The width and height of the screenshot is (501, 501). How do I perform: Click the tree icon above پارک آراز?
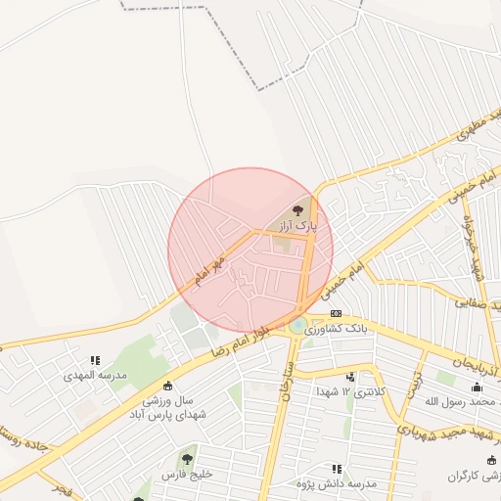(298, 209)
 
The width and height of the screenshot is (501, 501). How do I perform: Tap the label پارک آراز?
(297, 226)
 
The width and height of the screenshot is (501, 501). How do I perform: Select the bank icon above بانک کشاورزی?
(338, 313)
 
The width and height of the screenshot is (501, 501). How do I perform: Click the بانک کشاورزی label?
(338, 330)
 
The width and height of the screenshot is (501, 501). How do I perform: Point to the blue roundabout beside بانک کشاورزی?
(297, 325)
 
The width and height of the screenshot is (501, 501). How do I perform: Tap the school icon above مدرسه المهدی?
(95, 360)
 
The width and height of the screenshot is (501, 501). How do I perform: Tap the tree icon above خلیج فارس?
(186, 457)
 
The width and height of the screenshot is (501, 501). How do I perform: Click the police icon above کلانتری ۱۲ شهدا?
(349, 377)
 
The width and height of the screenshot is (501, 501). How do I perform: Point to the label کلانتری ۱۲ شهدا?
(350, 391)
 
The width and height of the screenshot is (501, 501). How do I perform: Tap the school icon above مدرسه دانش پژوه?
(338, 470)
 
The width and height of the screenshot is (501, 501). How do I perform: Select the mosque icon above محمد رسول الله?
(477, 387)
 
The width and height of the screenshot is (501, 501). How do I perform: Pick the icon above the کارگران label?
(490, 460)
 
